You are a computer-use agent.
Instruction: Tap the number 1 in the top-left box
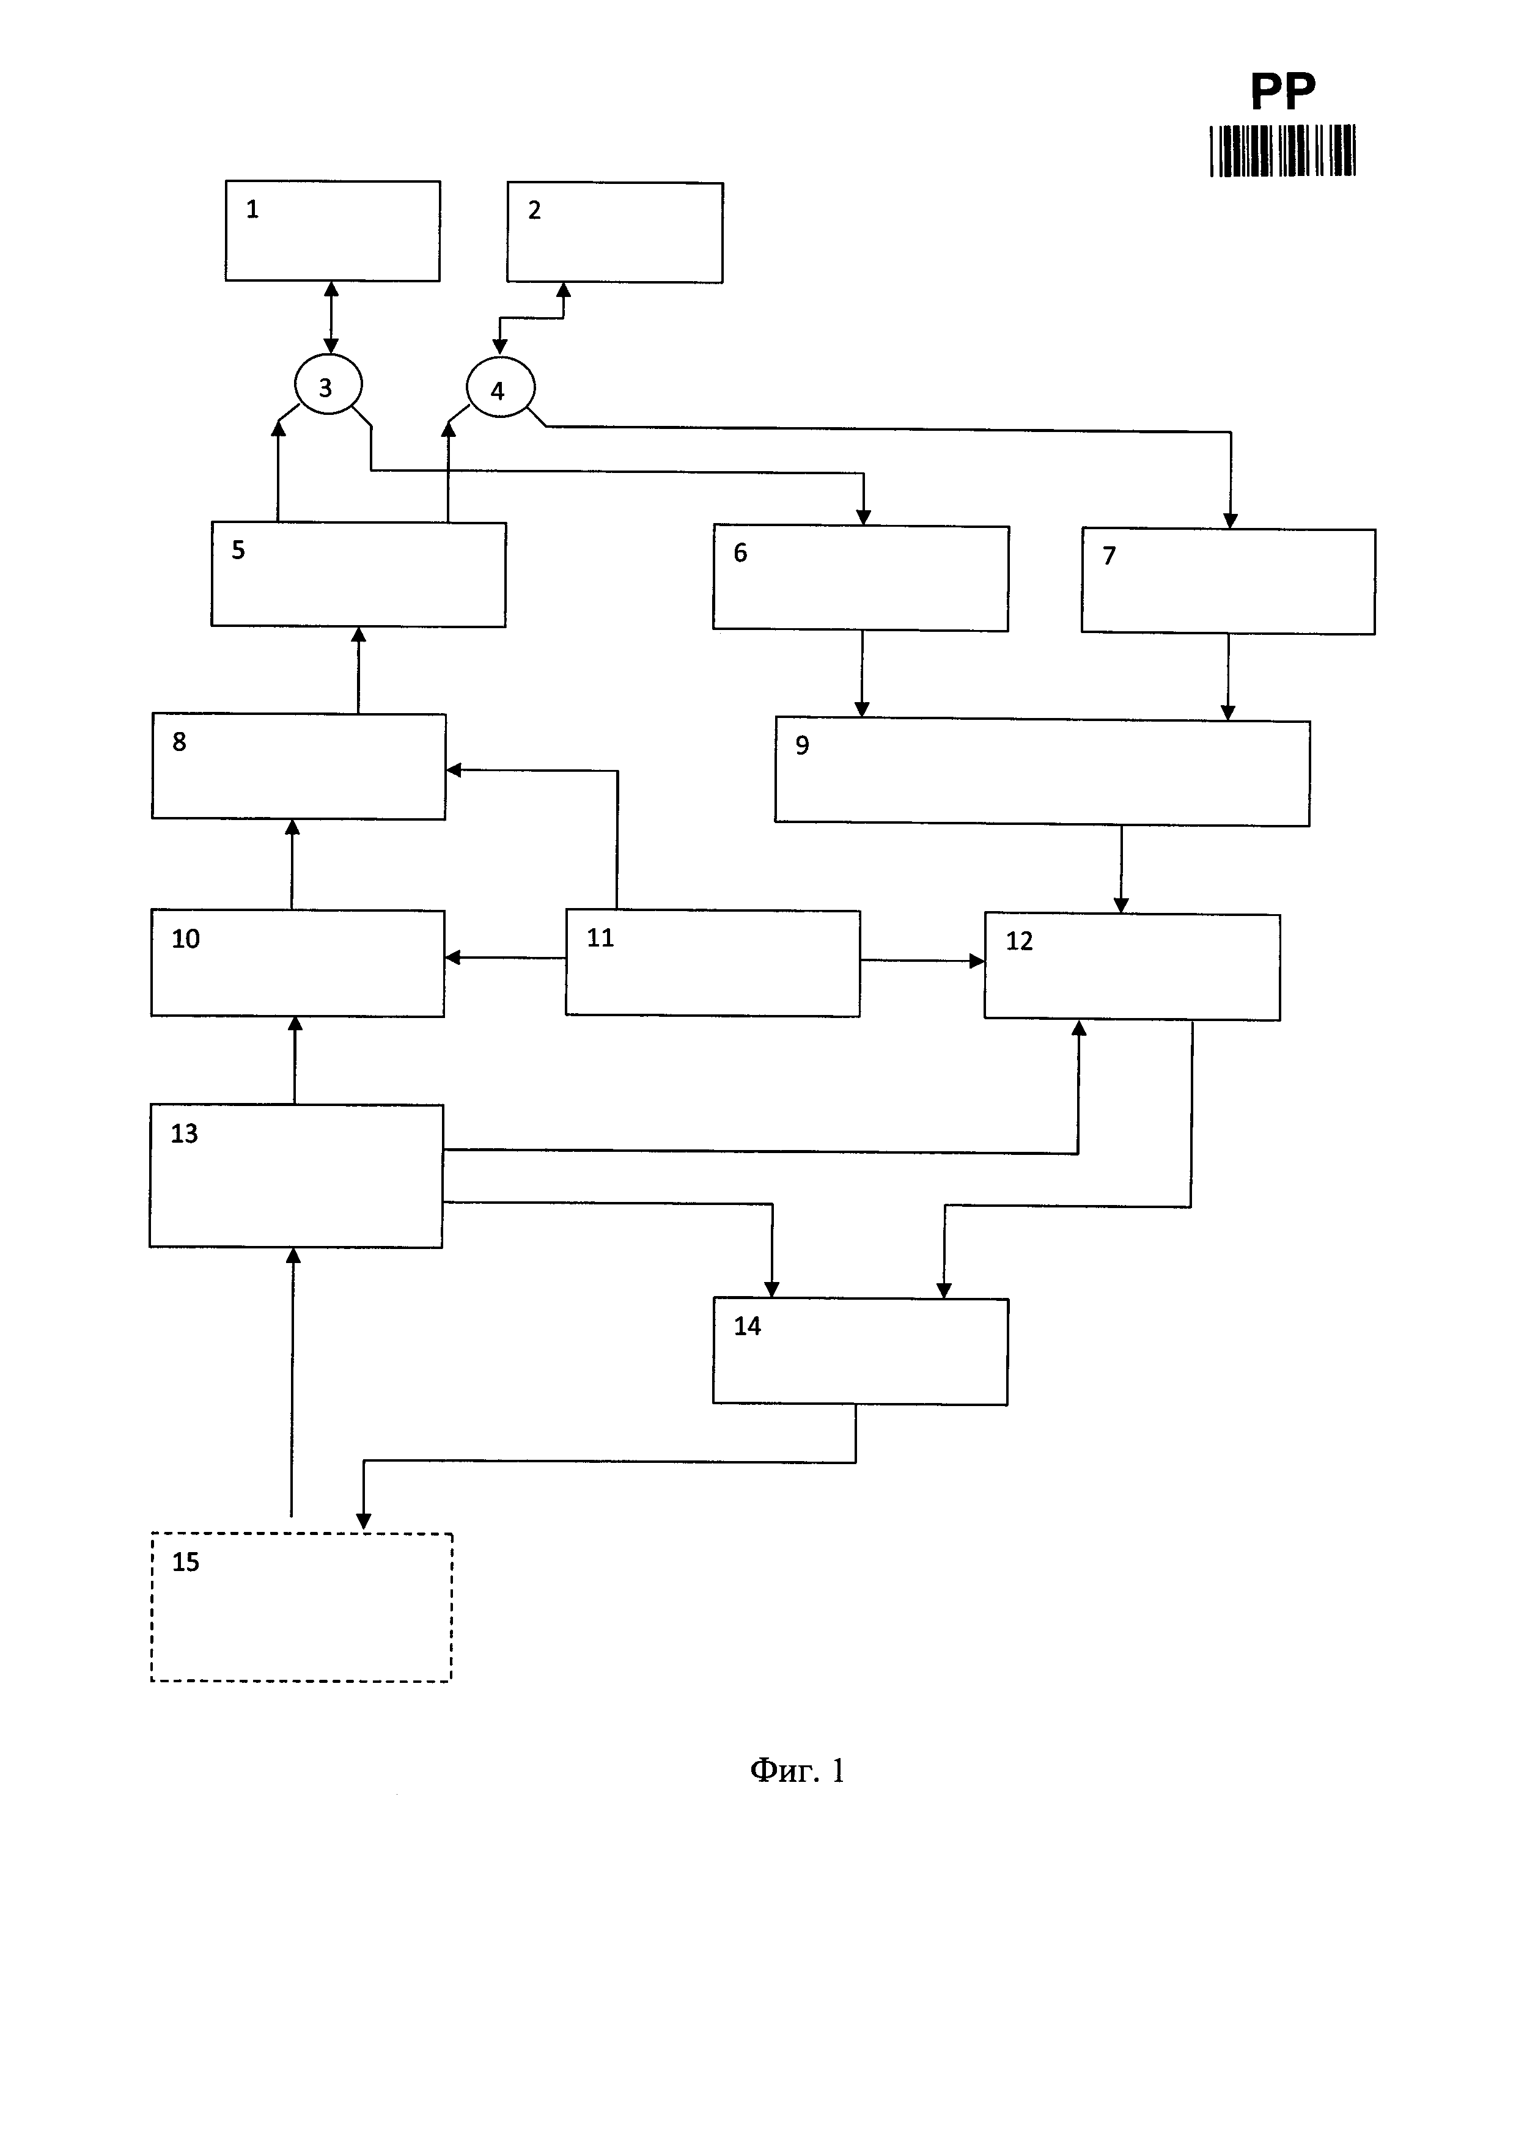point(252,209)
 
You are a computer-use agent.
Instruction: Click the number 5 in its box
point(238,550)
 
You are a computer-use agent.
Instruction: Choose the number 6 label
point(740,552)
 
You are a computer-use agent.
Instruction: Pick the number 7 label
point(1109,555)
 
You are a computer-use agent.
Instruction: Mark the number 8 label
point(179,742)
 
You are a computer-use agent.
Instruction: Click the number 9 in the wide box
point(802,745)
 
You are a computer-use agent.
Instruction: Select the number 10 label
point(186,939)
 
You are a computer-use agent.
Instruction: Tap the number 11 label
point(600,937)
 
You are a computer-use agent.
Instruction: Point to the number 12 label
point(1020,941)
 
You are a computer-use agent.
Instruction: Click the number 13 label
point(184,1133)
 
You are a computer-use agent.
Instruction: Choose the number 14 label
point(747,1326)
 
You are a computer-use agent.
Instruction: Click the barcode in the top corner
point(1282,151)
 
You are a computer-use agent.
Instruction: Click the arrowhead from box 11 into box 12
point(977,961)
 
